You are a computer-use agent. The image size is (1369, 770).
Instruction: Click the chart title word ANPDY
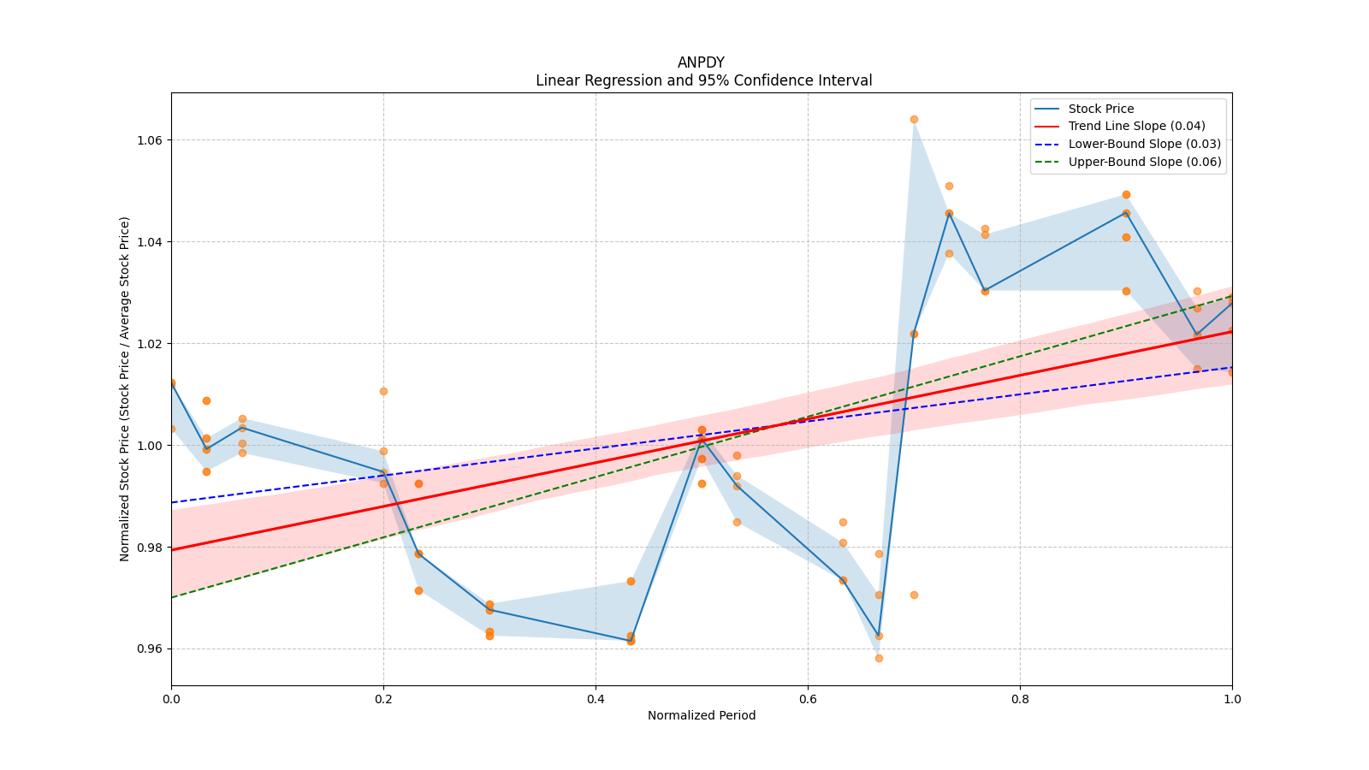(701, 63)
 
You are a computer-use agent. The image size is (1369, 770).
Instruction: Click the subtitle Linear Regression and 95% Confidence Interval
(703, 80)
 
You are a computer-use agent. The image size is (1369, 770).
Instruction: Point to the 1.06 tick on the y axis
(149, 140)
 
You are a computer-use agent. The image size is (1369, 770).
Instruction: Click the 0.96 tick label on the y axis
(149, 649)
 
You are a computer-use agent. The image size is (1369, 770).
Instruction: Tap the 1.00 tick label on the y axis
(149, 446)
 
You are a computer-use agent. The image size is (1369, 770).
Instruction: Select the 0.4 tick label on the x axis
(596, 698)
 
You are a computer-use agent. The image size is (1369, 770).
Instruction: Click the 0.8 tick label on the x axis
(1020, 698)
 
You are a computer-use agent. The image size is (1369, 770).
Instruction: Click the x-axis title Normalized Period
(702, 715)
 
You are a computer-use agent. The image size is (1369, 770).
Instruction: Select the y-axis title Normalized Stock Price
(125, 389)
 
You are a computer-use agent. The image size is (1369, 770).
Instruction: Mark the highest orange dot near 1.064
(915, 120)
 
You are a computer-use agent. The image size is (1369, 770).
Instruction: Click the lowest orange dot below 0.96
(879, 659)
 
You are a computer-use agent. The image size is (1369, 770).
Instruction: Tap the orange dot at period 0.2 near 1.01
(384, 392)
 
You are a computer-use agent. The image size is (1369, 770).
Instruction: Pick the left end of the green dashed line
(172, 597)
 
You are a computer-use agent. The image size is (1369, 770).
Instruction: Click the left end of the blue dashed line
(172, 502)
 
